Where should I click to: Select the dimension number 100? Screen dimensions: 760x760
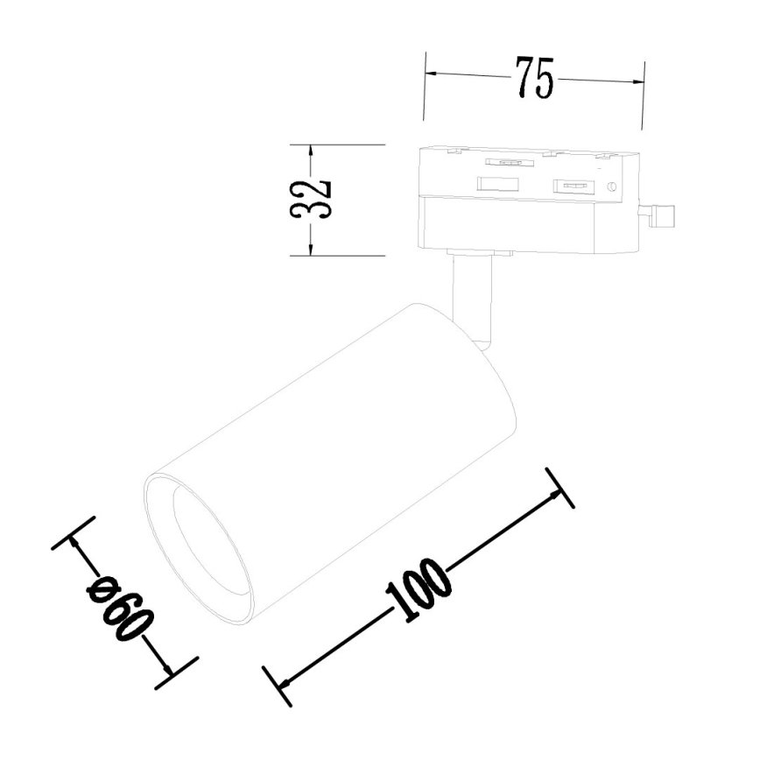(418, 593)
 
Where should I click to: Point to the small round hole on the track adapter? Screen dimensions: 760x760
(612, 186)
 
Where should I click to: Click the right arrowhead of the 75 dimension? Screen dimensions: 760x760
(638, 83)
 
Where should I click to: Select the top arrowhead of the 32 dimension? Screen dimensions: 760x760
(310, 151)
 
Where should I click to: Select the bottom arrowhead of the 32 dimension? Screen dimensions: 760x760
(310, 250)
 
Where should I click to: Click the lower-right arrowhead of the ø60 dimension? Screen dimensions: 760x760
(168, 672)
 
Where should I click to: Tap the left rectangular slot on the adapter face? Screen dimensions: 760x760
(496, 184)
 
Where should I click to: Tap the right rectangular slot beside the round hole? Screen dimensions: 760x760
(574, 186)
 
